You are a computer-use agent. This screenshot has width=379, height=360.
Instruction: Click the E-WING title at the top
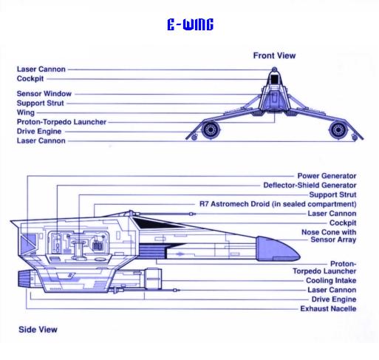(190, 24)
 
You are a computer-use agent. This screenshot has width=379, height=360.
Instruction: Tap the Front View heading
(274, 55)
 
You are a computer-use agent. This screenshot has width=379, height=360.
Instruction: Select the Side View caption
(38, 330)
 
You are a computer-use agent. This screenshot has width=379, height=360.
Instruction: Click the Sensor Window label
(44, 94)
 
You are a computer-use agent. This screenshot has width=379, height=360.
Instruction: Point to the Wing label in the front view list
(26, 112)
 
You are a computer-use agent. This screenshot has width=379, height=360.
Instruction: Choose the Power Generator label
(327, 176)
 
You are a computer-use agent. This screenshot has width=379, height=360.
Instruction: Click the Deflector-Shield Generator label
(310, 186)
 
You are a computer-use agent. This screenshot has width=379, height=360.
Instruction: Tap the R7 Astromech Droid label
(278, 204)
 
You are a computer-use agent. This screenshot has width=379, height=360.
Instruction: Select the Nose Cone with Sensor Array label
(329, 236)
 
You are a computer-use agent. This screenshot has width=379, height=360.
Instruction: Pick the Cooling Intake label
(331, 280)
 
